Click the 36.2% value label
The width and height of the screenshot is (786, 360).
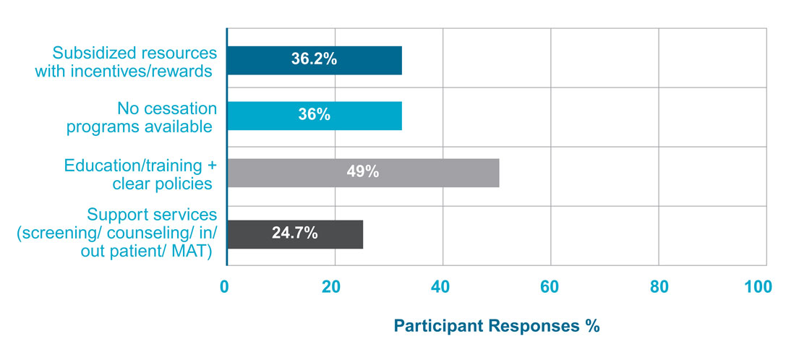coord(314,60)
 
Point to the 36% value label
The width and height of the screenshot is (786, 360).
coord(314,116)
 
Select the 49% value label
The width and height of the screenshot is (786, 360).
coord(363,173)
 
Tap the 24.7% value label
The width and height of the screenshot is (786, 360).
coord(294,234)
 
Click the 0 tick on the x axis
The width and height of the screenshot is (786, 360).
coord(226,287)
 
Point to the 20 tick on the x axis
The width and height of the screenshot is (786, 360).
coord(333,287)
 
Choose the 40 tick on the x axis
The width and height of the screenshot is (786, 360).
coord(442,287)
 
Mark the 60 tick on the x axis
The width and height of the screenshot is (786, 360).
coord(550,287)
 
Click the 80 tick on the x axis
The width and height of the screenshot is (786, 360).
coord(658,287)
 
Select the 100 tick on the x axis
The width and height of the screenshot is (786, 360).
coord(757,287)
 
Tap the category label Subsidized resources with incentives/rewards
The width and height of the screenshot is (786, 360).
coord(134,62)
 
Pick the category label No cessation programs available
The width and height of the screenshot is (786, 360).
coord(142,118)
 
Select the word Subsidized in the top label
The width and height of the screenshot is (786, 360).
coord(87,53)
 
